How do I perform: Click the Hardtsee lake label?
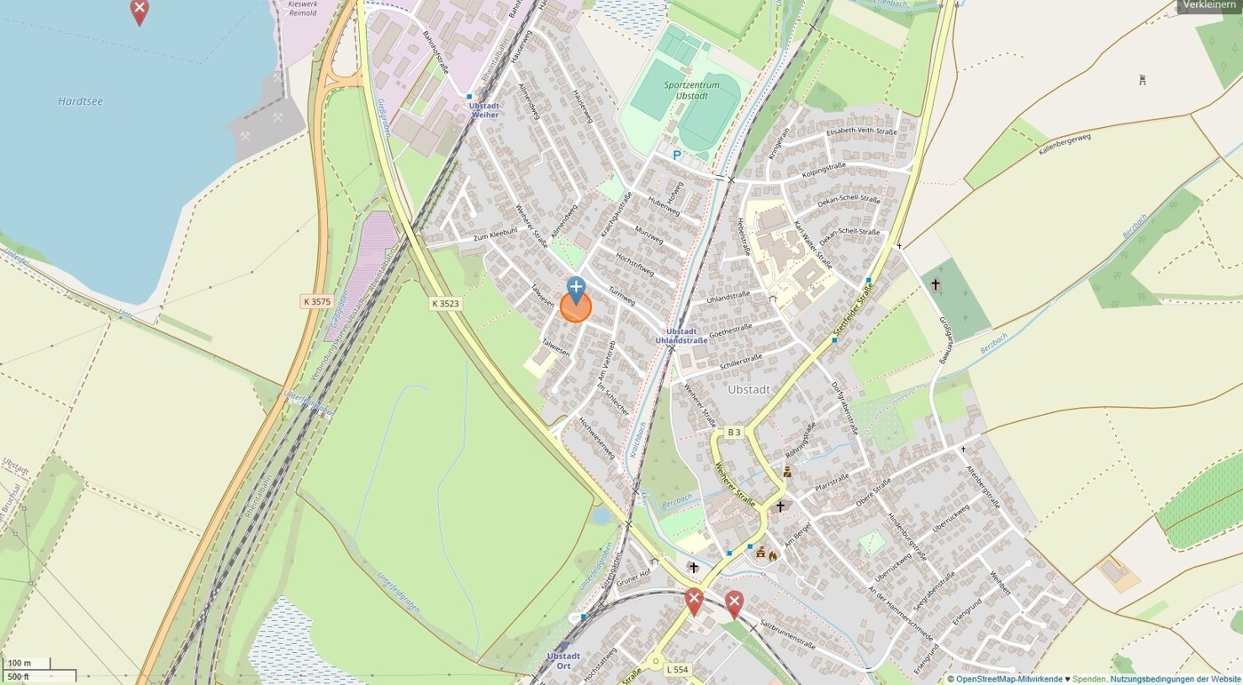(x=80, y=101)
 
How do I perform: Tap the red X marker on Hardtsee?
(x=139, y=11)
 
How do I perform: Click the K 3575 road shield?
(x=316, y=302)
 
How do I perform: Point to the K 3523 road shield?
(x=445, y=304)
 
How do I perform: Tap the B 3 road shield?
(x=733, y=433)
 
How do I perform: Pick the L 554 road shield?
(x=676, y=669)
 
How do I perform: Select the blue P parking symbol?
(x=676, y=155)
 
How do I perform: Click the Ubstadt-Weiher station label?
(x=485, y=110)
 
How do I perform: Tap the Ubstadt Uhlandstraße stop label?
(x=681, y=336)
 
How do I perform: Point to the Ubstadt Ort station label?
(x=563, y=661)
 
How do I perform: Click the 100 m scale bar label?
(x=20, y=663)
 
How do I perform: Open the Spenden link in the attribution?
(x=1089, y=679)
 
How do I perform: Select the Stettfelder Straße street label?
(x=853, y=311)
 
